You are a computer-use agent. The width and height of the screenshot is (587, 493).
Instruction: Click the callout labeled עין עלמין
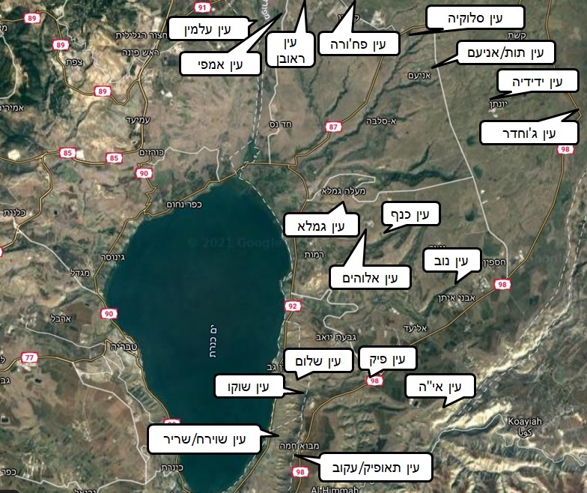point(213,29)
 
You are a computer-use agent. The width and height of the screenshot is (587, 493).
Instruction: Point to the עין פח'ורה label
point(358,43)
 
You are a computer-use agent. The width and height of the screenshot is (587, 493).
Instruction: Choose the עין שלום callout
point(317,361)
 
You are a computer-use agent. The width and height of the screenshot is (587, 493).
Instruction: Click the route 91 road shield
point(200,7)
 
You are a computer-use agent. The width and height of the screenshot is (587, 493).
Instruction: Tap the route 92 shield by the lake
point(292,306)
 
